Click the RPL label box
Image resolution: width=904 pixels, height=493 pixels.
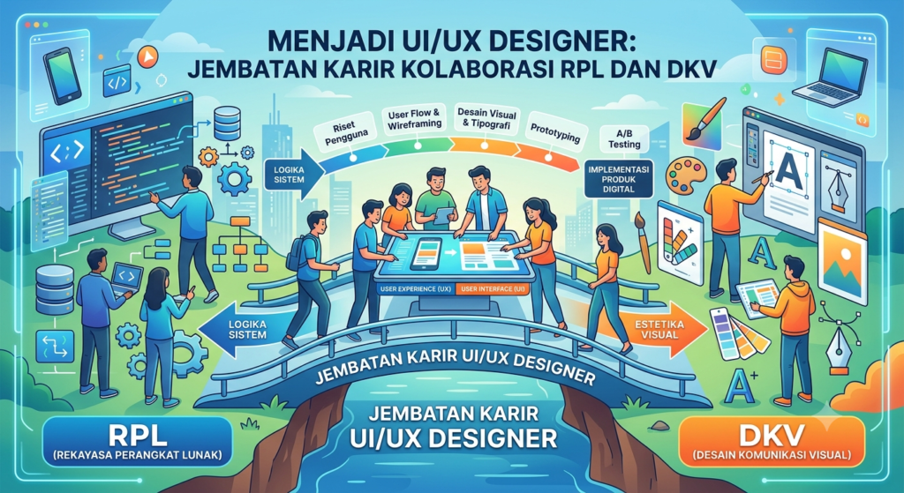[137, 441]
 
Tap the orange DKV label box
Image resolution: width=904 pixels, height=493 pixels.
[772, 442]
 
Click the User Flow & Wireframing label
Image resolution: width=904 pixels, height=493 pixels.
[414, 119]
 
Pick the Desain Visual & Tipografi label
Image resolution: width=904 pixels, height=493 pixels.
[486, 119]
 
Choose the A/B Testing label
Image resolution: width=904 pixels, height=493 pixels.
[624, 138]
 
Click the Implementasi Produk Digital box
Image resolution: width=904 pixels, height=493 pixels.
[619, 179]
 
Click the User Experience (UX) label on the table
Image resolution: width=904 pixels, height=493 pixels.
[415, 288]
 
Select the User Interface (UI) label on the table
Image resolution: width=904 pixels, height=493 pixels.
[493, 288]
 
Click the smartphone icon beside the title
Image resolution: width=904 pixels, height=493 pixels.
[63, 76]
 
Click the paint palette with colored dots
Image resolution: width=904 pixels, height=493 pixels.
[685, 176]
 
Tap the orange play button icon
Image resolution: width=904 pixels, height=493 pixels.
[148, 57]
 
